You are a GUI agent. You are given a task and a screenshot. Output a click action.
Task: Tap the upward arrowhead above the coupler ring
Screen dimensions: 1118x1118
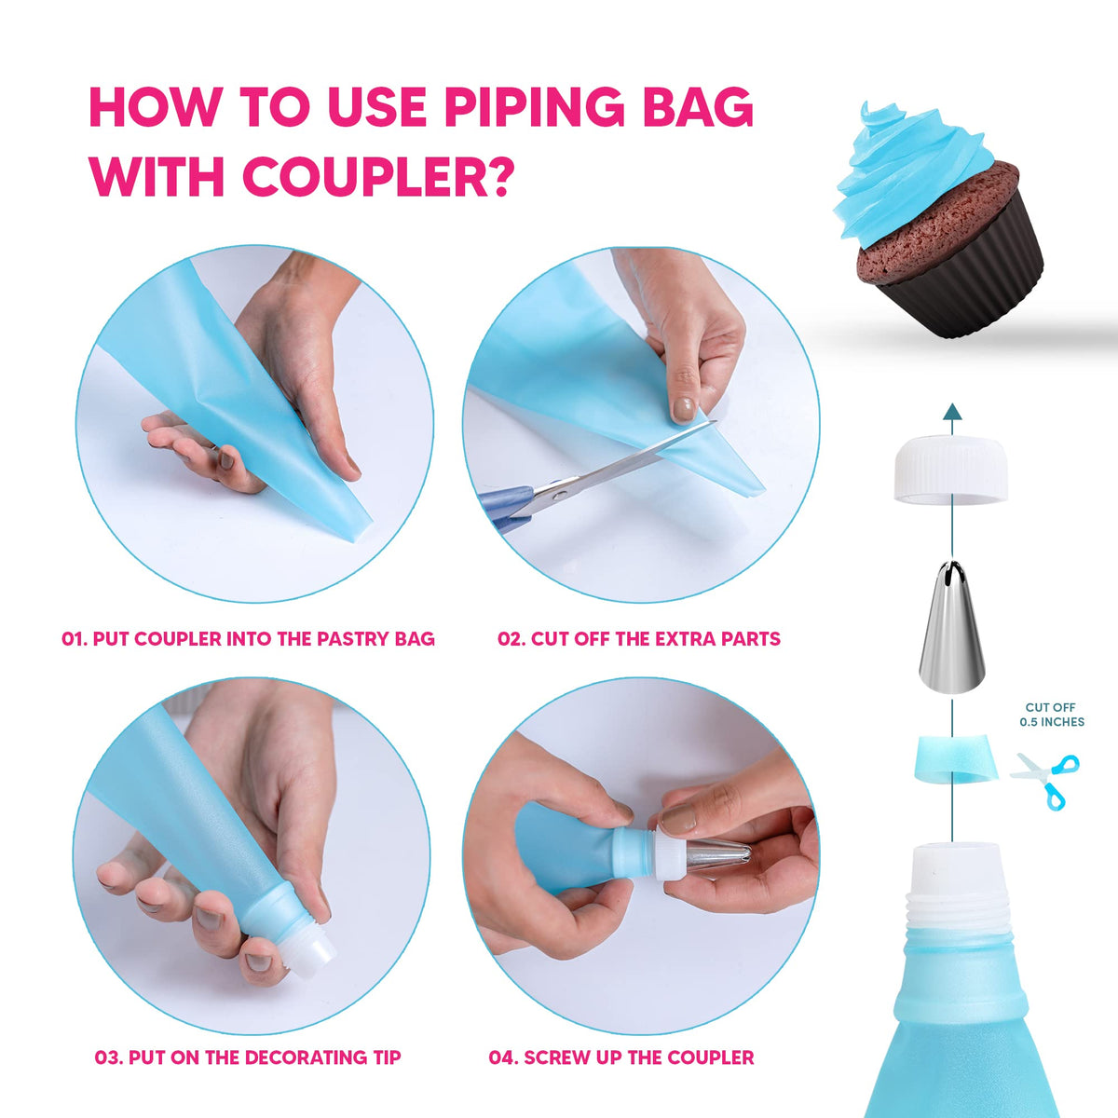pyautogui.click(x=952, y=412)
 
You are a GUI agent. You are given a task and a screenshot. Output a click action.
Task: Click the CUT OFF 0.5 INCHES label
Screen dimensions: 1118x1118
pyautogui.click(x=1051, y=715)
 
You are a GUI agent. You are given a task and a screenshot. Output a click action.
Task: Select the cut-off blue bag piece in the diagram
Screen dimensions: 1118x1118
pyautogui.click(x=956, y=758)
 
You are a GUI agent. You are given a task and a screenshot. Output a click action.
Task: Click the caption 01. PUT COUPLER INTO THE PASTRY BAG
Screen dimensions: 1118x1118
pyautogui.click(x=249, y=639)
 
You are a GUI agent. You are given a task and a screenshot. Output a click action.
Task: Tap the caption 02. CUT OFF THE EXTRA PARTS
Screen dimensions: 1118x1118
pyautogui.click(x=639, y=639)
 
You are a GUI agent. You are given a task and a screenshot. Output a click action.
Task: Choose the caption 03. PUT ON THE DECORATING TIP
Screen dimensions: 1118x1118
pyautogui.click(x=248, y=1057)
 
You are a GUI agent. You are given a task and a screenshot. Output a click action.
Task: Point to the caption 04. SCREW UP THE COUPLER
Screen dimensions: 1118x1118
pyautogui.click(x=621, y=1057)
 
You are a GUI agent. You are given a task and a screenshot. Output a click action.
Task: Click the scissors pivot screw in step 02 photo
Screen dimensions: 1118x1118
pyautogui.click(x=559, y=495)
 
